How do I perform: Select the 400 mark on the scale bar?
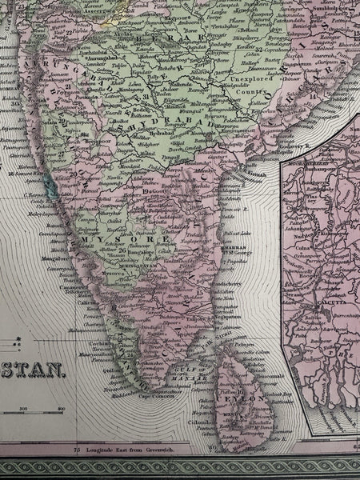(59, 410)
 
